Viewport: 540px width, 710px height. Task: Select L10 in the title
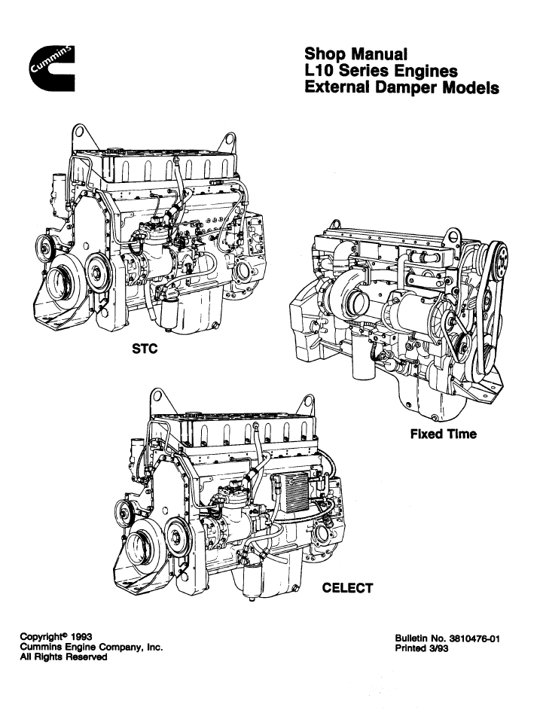coord(322,72)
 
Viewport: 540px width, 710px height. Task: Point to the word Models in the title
coord(474,88)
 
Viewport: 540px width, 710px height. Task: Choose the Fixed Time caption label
coord(443,434)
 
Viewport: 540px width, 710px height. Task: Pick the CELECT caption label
coord(347,588)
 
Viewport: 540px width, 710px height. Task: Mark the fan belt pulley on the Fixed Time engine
coord(496,260)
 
